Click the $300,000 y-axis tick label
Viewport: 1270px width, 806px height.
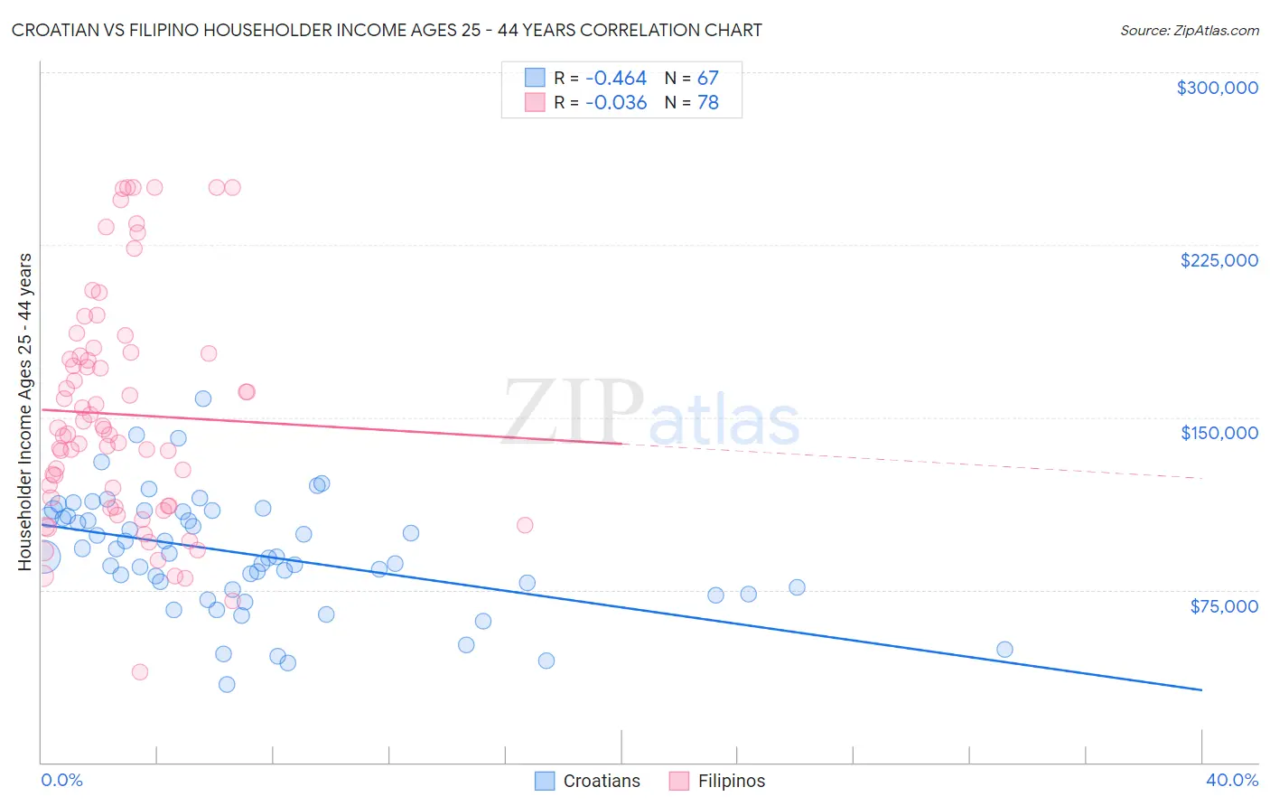point(1217,88)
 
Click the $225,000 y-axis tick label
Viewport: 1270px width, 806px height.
point(1219,260)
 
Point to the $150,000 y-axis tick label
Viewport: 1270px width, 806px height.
point(1219,433)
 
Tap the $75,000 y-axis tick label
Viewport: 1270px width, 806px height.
point(1224,606)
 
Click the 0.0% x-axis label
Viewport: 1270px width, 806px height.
point(61,780)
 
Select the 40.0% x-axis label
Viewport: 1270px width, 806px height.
point(1232,780)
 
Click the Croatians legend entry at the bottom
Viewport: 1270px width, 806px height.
point(587,781)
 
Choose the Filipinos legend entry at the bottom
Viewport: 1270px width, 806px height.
point(717,781)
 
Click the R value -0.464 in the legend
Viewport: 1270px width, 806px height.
point(616,79)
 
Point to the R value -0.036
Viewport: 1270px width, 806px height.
point(616,103)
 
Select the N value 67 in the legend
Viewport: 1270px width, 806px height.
point(707,79)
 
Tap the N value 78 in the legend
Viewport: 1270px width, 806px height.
point(707,103)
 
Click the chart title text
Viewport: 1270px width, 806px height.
point(387,30)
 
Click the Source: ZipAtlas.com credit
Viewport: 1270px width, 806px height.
point(1189,30)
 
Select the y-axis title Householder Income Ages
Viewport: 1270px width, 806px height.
point(24,412)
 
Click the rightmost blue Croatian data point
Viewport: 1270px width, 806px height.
point(1004,650)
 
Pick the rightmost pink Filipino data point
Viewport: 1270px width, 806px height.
point(525,525)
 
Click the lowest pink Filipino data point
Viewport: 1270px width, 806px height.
point(140,672)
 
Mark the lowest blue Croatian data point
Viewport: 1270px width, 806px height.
point(227,685)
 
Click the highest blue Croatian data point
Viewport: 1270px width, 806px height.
point(203,398)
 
